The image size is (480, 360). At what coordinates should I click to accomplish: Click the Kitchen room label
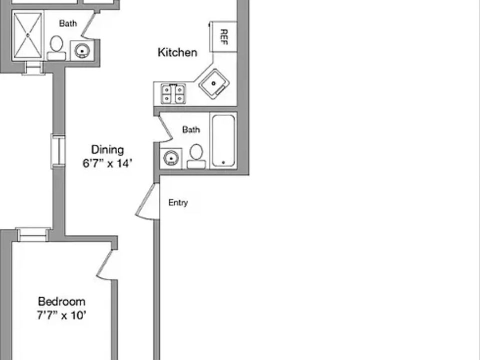[x=177, y=52]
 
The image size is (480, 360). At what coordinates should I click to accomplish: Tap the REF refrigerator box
[x=223, y=36]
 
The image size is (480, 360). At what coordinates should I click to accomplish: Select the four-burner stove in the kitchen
[x=173, y=93]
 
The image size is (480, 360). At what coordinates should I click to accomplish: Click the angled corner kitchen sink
[x=214, y=83]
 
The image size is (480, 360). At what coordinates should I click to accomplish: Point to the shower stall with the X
[x=28, y=35]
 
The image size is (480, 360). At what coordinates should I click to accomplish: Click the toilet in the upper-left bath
[x=56, y=48]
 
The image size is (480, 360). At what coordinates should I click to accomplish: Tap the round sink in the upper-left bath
[x=81, y=50]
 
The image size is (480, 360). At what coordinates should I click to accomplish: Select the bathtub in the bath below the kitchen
[x=223, y=141]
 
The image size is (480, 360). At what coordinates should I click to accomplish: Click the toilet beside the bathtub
[x=196, y=156]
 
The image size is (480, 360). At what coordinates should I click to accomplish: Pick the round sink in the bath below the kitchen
[x=171, y=158]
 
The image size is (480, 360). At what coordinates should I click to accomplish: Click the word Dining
[x=107, y=149]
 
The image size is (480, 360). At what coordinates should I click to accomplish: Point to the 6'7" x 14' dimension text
[x=107, y=163]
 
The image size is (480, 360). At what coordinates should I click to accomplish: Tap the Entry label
[x=178, y=202]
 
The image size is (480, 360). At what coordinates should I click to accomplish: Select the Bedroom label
[x=61, y=301]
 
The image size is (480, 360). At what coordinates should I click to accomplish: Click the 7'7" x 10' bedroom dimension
[x=61, y=315]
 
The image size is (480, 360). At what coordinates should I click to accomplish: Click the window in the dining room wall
[x=58, y=151]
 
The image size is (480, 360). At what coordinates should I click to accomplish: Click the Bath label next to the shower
[x=68, y=23]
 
